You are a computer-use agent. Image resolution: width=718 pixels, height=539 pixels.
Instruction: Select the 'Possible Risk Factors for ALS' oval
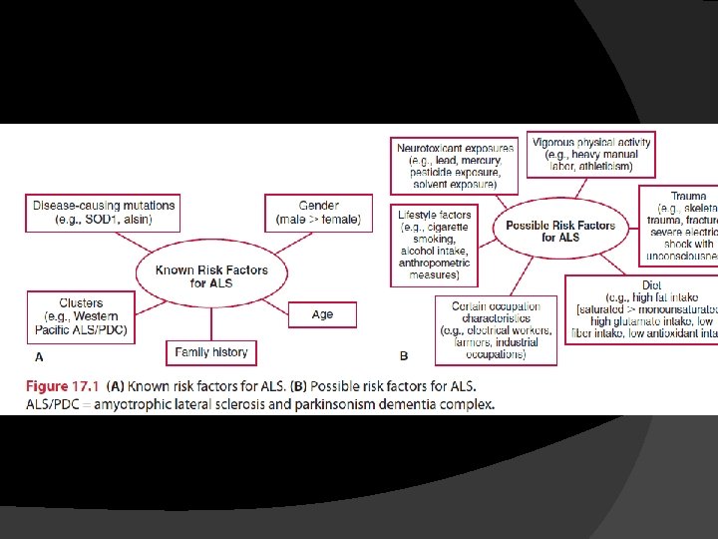tap(560, 232)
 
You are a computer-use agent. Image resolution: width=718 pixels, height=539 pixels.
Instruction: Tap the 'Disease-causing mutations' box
tap(104, 213)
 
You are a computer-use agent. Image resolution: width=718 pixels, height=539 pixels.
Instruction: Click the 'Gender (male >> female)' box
tap(318, 213)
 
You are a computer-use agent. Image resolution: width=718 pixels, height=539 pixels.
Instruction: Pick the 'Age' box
tap(322, 314)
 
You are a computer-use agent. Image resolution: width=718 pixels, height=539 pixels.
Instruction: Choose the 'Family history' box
tap(211, 352)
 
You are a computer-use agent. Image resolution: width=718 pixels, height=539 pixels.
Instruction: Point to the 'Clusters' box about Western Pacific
tap(81, 316)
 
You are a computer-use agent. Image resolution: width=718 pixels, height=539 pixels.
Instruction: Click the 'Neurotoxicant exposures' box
tap(455, 165)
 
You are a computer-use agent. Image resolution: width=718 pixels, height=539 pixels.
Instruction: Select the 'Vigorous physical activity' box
tap(590, 155)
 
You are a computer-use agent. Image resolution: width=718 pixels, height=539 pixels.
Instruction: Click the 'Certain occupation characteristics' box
tap(496, 330)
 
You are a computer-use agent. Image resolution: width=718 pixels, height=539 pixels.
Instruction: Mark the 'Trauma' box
tap(679, 226)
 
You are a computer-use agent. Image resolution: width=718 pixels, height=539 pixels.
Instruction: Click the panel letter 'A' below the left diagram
tap(39, 356)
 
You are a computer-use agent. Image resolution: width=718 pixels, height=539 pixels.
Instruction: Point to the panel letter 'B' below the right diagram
tap(404, 356)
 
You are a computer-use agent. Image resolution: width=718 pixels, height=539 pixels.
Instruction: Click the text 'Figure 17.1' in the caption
tap(61, 386)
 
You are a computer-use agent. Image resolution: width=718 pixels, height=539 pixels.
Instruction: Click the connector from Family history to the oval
tap(211, 320)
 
